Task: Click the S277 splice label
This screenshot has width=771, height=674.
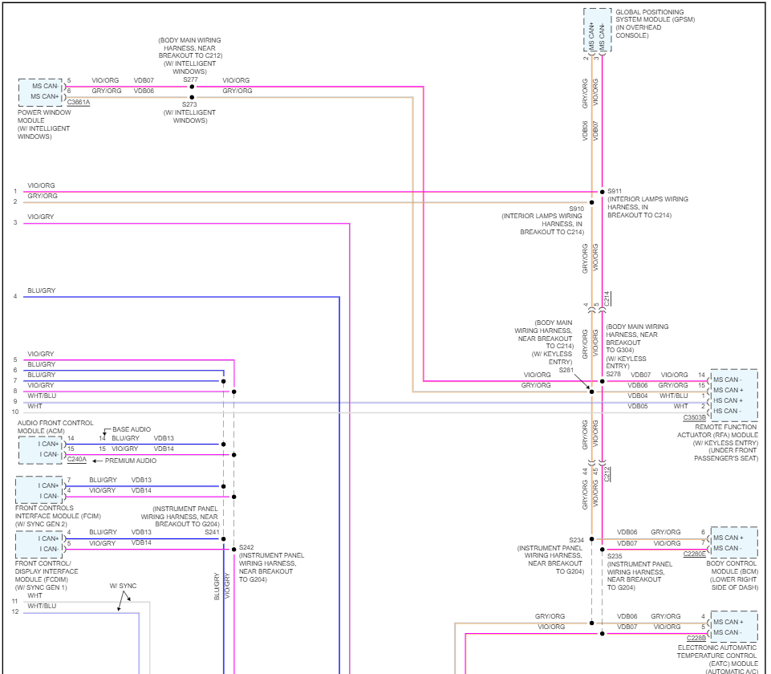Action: tap(189, 80)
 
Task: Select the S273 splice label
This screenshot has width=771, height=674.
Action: tap(189, 104)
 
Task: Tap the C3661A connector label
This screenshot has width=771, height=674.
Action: tap(79, 103)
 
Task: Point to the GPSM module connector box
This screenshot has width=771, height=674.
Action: tap(597, 31)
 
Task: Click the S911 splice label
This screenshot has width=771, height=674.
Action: tap(615, 191)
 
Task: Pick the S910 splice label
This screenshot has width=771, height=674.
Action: tap(576, 208)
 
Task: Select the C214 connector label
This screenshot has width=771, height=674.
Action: tap(607, 298)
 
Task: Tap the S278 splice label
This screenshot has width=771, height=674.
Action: tap(614, 375)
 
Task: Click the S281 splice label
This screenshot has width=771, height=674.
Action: tap(566, 370)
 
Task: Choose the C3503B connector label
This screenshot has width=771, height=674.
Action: tap(695, 417)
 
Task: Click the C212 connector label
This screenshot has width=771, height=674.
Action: tap(607, 473)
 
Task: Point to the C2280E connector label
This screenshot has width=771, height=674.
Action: tap(695, 554)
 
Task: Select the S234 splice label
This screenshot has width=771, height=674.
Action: tap(576, 540)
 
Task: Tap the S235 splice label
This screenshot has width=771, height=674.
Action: tap(615, 555)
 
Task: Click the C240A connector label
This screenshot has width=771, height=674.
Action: tap(77, 460)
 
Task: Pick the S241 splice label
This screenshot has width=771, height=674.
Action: tap(212, 532)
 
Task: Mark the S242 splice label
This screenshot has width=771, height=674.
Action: tap(246, 547)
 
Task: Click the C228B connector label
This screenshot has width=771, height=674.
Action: tap(696, 638)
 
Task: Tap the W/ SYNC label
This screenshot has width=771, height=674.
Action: tap(123, 586)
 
